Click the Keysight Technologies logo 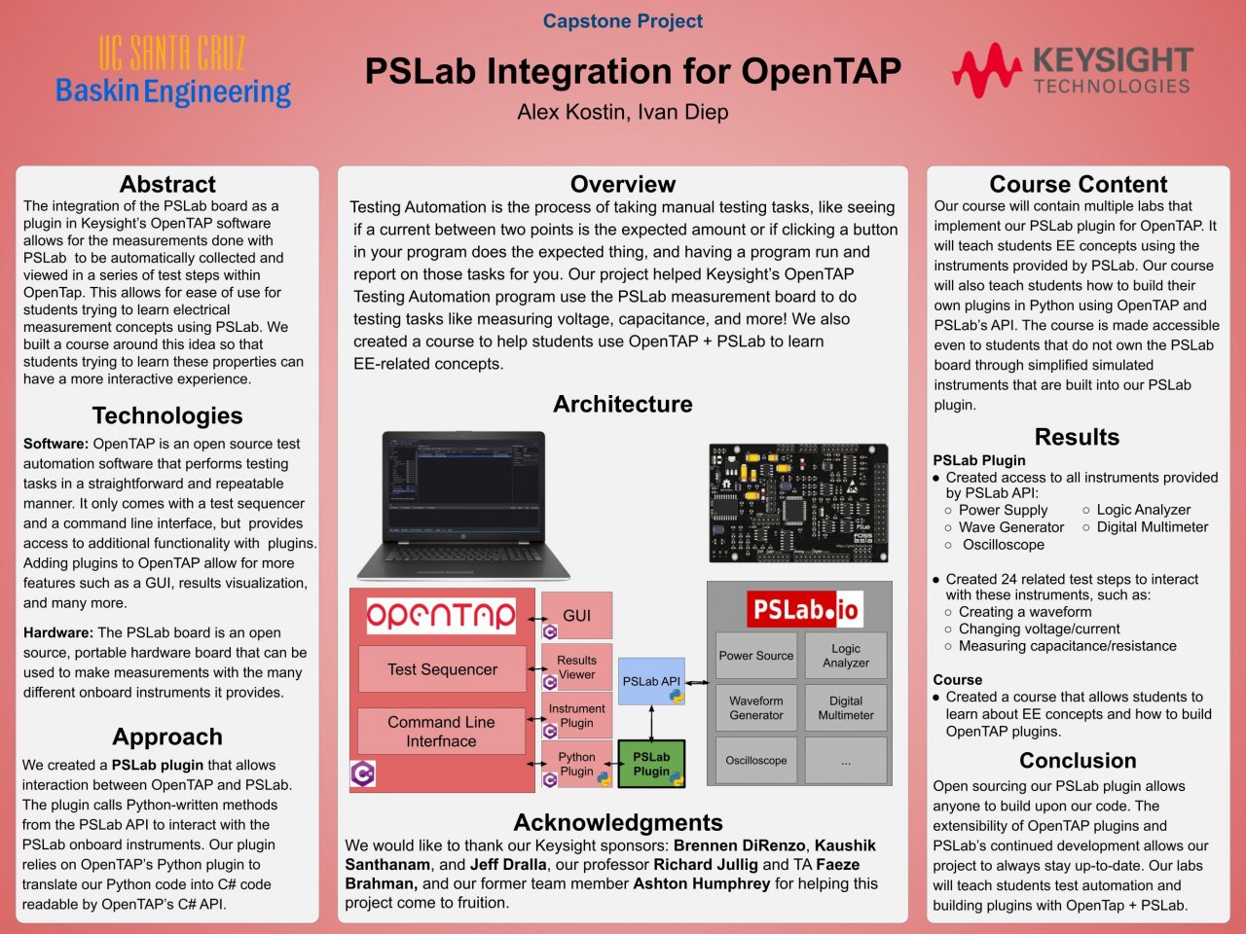pyautogui.click(x=1073, y=70)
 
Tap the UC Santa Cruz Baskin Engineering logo pyautogui.click(x=173, y=71)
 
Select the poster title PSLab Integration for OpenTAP pyautogui.click(x=633, y=71)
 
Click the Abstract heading pyautogui.click(x=167, y=184)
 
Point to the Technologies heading pyautogui.click(x=167, y=415)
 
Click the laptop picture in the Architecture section pyautogui.click(x=463, y=506)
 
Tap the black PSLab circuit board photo pyautogui.click(x=798, y=503)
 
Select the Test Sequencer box pyautogui.click(x=442, y=669)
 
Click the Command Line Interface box pyautogui.click(x=441, y=731)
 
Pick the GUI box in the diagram pyautogui.click(x=576, y=615)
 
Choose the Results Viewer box pyautogui.click(x=576, y=666)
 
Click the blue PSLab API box pyautogui.click(x=651, y=681)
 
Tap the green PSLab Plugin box pyautogui.click(x=651, y=764)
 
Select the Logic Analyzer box pyautogui.click(x=846, y=656)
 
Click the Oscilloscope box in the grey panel pyautogui.click(x=756, y=761)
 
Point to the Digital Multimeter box pyautogui.click(x=846, y=707)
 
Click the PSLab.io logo pyautogui.click(x=805, y=609)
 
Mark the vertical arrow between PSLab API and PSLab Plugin pyautogui.click(x=651, y=723)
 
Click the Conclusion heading pyautogui.click(x=1078, y=761)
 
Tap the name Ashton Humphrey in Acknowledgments pyautogui.click(x=702, y=883)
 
